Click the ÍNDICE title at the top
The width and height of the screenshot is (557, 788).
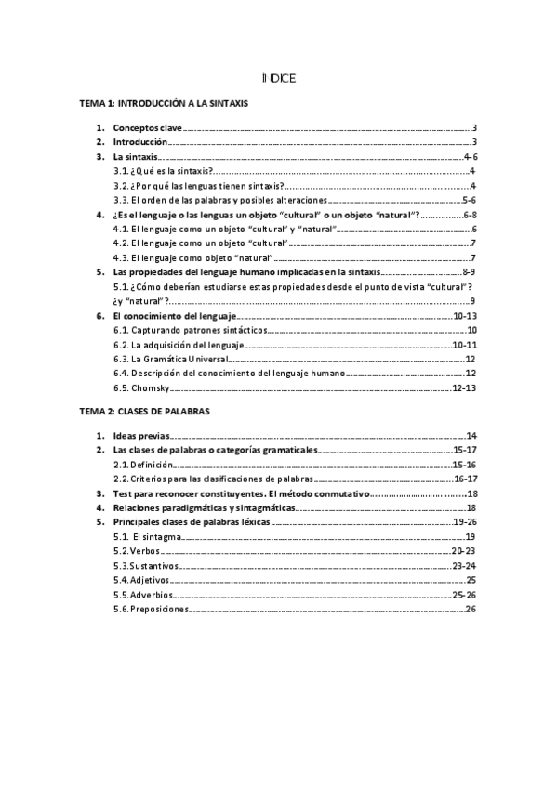pos(279,79)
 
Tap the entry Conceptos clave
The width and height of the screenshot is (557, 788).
pos(148,128)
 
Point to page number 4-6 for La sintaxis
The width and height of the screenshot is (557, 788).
pos(470,157)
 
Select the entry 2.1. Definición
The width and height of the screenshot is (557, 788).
pos(142,465)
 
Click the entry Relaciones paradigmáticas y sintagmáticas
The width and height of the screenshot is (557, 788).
pos(204,508)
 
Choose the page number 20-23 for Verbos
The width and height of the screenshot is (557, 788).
pos(464,551)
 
